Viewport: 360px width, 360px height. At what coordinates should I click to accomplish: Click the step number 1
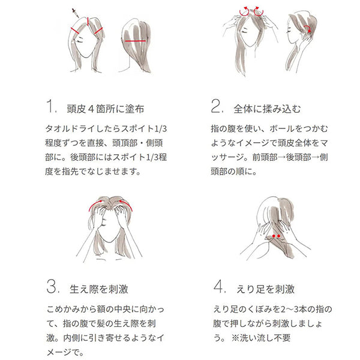click(x=51, y=106)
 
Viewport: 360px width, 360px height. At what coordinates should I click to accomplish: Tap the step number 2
click(x=217, y=106)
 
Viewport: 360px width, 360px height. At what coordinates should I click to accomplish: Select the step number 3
click(x=53, y=286)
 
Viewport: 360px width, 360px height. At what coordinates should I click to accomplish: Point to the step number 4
click(x=220, y=286)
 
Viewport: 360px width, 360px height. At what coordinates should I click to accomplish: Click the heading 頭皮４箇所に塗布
click(x=106, y=109)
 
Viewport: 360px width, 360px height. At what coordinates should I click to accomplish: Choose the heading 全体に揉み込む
click(x=267, y=109)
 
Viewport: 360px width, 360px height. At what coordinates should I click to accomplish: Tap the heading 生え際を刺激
click(x=99, y=289)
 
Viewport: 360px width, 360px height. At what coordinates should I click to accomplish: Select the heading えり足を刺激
click(x=265, y=289)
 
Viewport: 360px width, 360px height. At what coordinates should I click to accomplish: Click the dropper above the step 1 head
click(x=76, y=13)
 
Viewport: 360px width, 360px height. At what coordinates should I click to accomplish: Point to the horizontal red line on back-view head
click(x=135, y=41)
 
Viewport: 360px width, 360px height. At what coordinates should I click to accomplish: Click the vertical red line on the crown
click(x=88, y=21)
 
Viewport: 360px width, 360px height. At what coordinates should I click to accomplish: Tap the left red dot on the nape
click(x=274, y=236)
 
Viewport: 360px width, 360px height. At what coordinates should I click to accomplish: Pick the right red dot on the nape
click(x=279, y=236)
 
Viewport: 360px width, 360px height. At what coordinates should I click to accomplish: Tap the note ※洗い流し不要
click(x=261, y=338)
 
